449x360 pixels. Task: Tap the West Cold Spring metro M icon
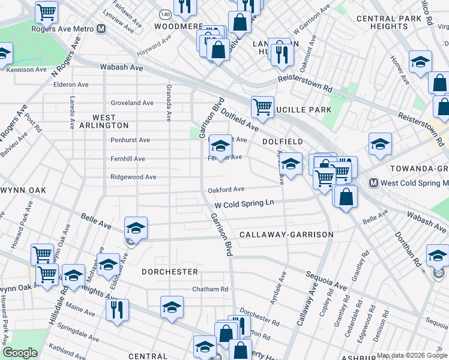(x=373, y=182)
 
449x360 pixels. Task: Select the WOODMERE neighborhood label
(x=179, y=26)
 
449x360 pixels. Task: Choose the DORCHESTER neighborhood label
(x=170, y=272)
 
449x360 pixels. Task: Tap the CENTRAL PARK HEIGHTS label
(x=390, y=22)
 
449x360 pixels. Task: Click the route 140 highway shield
(x=165, y=13)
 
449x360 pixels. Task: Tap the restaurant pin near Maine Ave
(x=115, y=310)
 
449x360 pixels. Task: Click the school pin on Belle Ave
(x=136, y=229)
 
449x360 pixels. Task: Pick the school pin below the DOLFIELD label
(x=291, y=164)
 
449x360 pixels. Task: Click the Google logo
(x=20, y=353)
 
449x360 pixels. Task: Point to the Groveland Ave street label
(x=131, y=103)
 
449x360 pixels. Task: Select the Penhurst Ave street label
(x=130, y=140)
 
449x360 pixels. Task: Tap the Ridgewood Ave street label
(x=133, y=177)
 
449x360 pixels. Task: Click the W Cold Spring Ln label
(x=244, y=204)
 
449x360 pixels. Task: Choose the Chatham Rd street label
(x=210, y=289)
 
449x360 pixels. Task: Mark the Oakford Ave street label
(x=226, y=190)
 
